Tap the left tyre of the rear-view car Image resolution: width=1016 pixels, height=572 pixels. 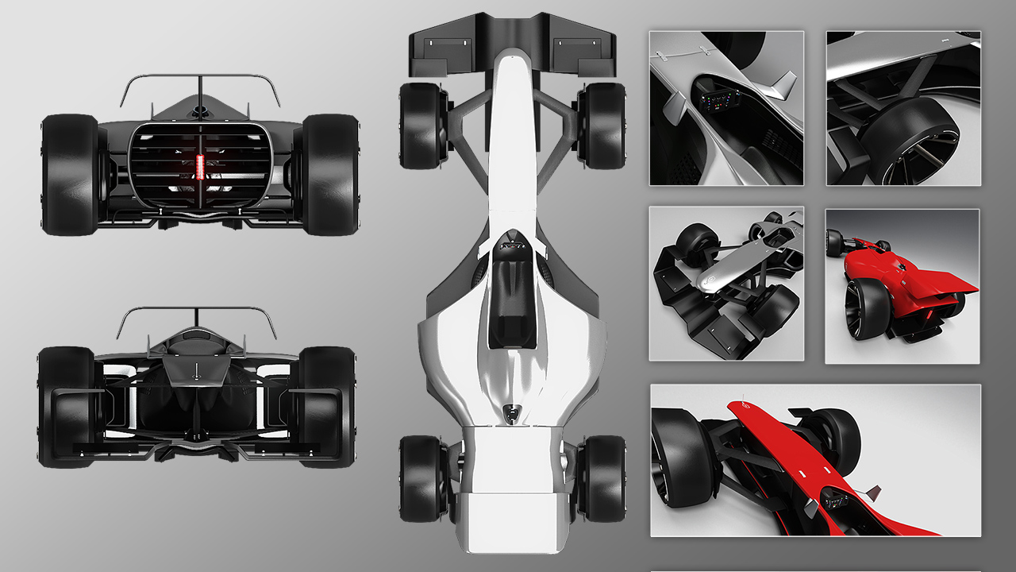click(x=70, y=175)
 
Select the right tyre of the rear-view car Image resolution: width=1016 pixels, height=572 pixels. click(x=330, y=175)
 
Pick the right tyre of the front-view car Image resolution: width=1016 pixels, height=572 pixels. click(x=327, y=405)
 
